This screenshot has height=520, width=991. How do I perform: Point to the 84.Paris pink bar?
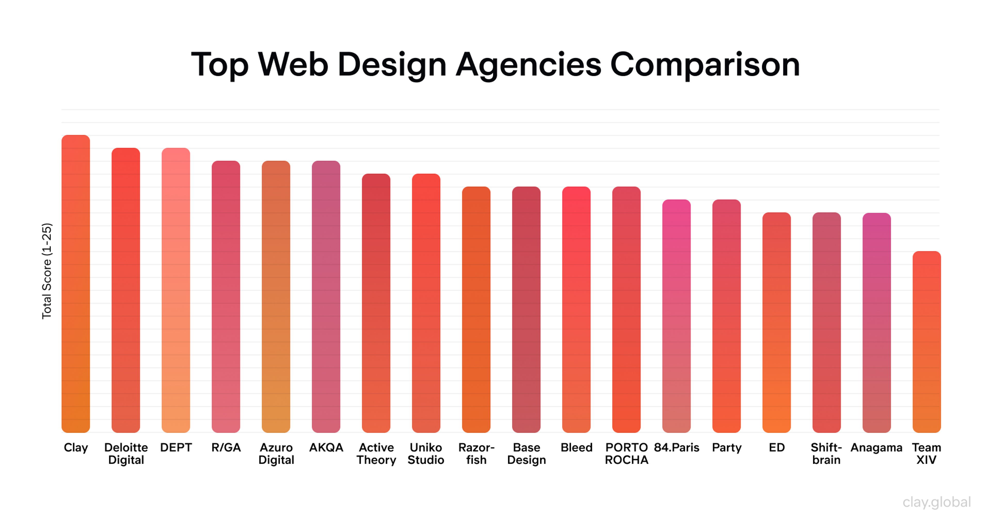(676, 316)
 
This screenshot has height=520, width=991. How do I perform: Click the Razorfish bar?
(476, 310)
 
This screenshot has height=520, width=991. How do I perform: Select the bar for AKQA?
(326, 296)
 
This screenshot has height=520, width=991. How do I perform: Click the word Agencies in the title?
(528, 65)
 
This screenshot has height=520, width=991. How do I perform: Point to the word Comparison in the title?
(705, 65)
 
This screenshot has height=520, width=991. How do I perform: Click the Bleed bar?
(576, 310)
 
